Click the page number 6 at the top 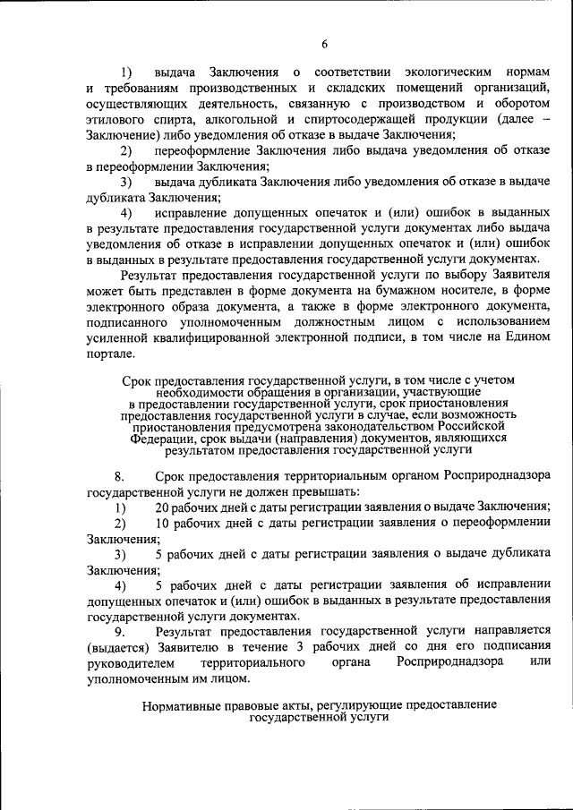[x=325, y=44]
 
